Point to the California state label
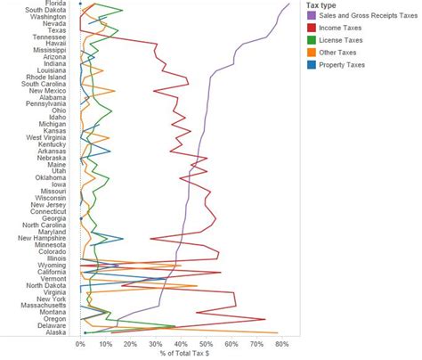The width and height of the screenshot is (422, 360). (x=48, y=271)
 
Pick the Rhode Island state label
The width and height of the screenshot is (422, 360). (x=44, y=77)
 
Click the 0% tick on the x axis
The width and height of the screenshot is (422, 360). (x=81, y=342)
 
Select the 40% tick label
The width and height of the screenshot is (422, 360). (x=182, y=342)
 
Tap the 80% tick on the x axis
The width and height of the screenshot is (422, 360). (x=282, y=342)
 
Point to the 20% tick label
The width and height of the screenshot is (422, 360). (x=131, y=342)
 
